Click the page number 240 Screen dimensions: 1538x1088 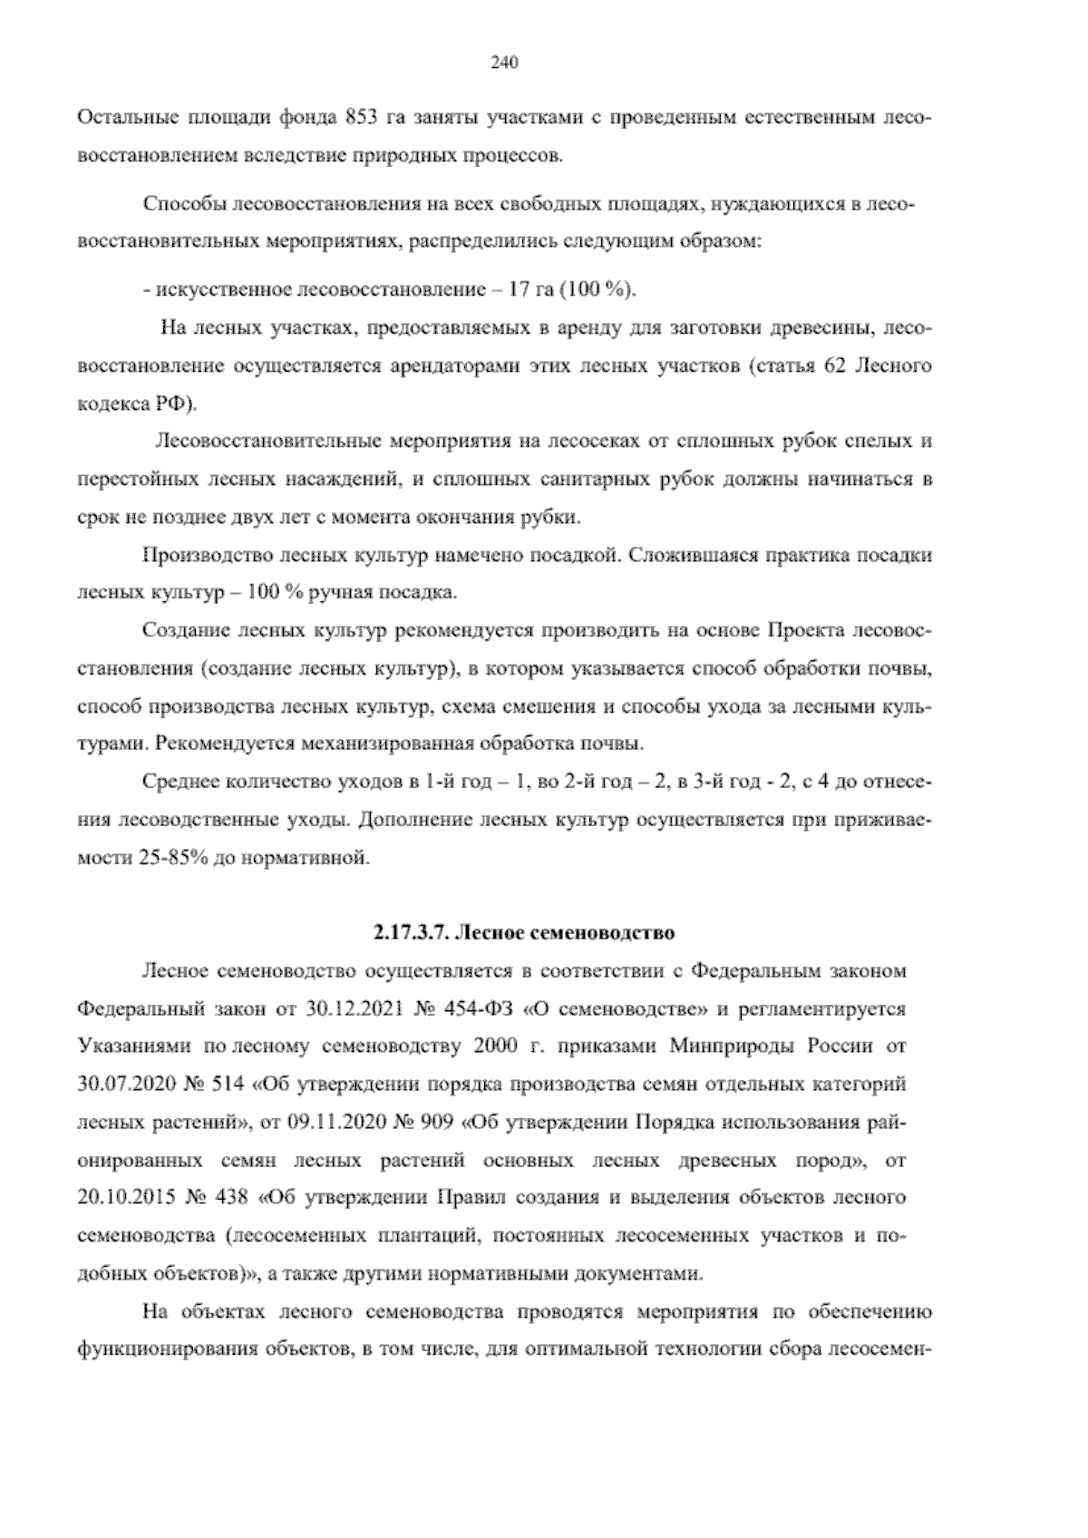(x=503, y=63)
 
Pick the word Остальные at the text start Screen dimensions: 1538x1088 (x=127, y=118)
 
